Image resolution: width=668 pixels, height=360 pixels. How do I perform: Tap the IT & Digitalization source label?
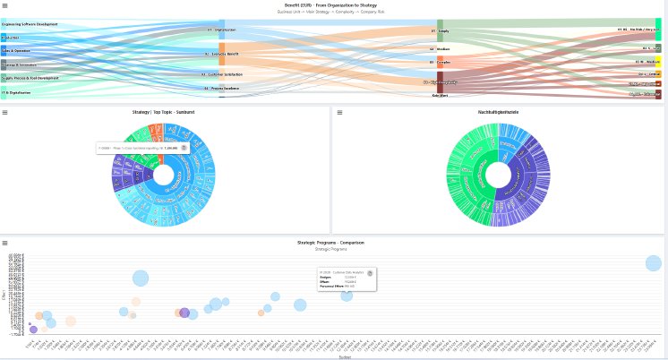(16, 92)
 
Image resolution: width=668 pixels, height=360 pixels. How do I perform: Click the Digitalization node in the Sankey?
(221, 30)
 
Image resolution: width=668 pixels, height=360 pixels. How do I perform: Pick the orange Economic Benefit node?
(222, 54)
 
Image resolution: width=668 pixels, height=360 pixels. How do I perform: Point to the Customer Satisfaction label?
(223, 74)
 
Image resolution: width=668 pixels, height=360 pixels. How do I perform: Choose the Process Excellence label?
(223, 89)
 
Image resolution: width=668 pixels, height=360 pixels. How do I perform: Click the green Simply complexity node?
(440, 30)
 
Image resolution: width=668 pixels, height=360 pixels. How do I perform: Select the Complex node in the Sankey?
(441, 63)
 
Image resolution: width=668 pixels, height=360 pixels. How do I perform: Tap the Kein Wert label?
(440, 95)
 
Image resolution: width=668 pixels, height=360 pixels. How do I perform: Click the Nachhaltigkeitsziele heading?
(497, 112)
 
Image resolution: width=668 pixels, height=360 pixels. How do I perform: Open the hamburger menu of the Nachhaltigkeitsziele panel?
(338, 112)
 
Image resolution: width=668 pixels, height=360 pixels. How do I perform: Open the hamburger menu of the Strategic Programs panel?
(4, 243)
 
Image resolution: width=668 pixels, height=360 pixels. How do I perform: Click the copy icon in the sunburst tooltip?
(184, 147)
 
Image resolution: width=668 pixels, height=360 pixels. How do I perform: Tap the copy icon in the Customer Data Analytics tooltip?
(369, 272)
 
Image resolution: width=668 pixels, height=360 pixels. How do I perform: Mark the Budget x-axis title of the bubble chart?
(345, 356)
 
